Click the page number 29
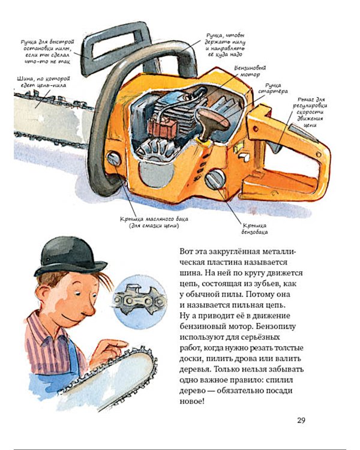click(302, 419)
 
